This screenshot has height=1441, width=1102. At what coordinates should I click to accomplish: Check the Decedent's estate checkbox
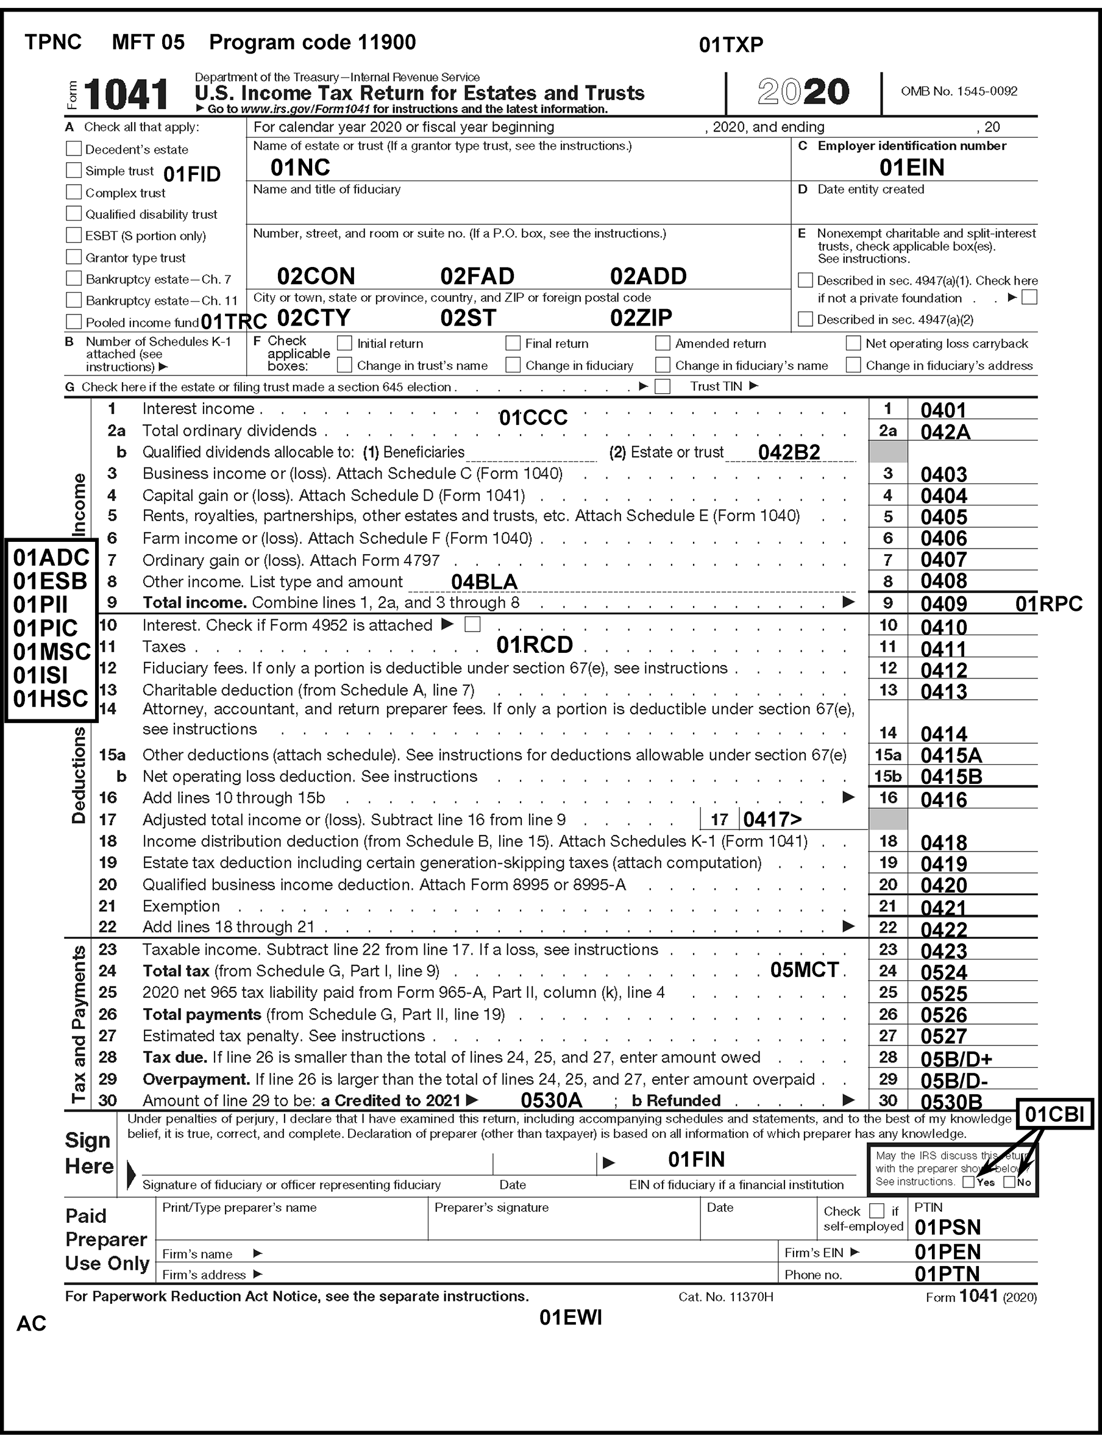tap(74, 149)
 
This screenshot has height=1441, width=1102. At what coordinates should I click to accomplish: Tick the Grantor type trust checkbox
tap(74, 257)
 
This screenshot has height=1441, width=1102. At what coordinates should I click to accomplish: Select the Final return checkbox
tap(513, 343)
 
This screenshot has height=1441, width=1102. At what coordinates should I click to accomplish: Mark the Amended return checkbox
tap(663, 343)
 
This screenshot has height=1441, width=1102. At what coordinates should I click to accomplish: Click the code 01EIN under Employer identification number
tap(912, 168)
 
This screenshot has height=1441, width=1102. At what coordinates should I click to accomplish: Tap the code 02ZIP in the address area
tap(641, 318)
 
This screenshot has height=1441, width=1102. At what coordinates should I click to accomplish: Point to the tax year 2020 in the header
tap(803, 92)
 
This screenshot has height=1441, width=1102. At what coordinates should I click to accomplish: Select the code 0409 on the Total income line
tap(944, 603)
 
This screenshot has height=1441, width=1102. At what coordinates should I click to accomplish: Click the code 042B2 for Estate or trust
tap(789, 452)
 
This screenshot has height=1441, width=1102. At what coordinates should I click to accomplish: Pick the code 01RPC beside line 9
tap(1048, 603)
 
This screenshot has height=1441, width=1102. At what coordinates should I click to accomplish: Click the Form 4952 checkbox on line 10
tap(472, 624)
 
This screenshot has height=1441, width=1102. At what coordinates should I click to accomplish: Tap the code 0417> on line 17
tap(772, 819)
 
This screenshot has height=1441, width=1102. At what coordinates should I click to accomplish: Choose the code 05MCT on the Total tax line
tap(804, 970)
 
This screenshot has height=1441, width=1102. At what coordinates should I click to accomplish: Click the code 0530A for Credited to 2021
tap(551, 1101)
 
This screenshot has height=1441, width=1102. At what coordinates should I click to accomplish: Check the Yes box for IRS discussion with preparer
tap(968, 1182)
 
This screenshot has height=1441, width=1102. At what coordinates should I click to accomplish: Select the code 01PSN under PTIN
tap(947, 1227)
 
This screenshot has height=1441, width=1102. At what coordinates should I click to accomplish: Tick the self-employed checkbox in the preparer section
tap(876, 1211)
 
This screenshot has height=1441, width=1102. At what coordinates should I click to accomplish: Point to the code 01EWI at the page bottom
tap(570, 1318)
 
